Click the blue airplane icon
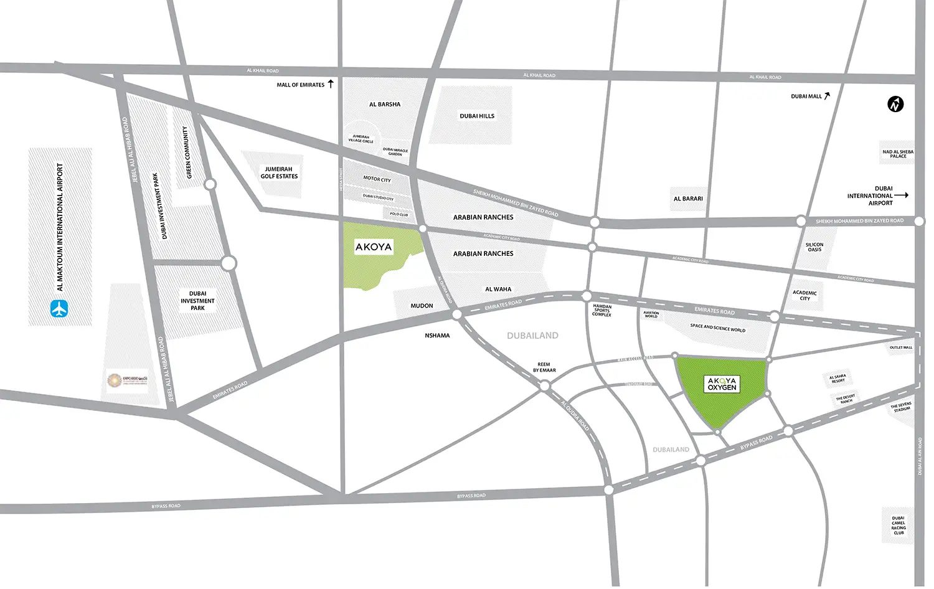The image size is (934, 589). (59, 308)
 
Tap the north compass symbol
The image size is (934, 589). (895, 104)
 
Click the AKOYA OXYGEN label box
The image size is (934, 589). (722, 384)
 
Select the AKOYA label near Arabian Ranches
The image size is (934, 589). (374, 247)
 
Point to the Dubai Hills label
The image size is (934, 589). (477, 116)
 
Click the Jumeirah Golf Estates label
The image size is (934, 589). (279, 173)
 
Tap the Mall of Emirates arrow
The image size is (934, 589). (331, 83)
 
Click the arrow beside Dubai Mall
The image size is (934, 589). (827, 96)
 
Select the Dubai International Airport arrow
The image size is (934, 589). (902, 196)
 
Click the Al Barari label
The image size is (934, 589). (688, 199)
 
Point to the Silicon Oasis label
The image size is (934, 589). (814, 247)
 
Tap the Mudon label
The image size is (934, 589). (422, 306)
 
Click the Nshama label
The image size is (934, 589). (437, 336)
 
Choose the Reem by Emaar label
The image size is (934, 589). (544, 367)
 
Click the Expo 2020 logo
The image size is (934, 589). (115, 380)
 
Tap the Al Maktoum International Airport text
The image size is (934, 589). (60, 227)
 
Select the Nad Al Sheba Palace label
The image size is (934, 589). (898, 154)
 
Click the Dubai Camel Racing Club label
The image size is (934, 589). (898, 525)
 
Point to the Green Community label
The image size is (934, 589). (186, 153)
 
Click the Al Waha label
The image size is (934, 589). (498, 290)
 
